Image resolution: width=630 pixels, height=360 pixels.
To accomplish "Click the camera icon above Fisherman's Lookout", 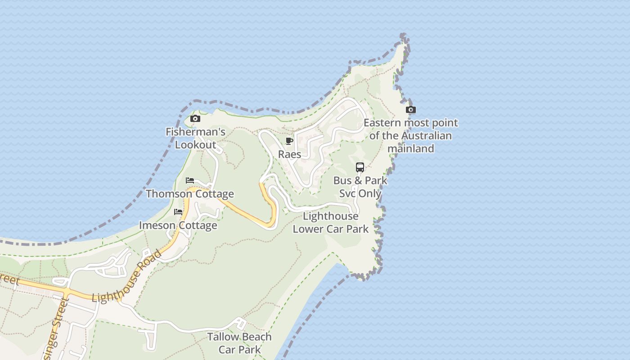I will tap(195, 119).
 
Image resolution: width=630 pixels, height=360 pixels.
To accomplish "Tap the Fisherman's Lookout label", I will tap(195, 138).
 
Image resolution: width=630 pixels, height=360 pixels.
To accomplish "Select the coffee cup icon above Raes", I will tap(289, 141).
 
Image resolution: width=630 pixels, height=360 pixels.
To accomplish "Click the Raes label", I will tap(289, 154).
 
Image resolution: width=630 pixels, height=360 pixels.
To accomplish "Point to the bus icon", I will tap(360, 167).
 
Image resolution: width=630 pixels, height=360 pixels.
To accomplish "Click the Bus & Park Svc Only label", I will tap(360, 187).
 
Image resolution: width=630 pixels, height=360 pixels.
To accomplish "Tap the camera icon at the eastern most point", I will tap(410, 110).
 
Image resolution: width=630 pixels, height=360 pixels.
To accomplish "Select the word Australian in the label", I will tap(426, 135).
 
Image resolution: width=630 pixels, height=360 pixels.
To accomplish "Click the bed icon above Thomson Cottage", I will tap(190, 180).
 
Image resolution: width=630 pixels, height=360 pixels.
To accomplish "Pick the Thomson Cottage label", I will tap(190, 194).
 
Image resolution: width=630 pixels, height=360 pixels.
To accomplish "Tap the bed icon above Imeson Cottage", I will tap(178, 211).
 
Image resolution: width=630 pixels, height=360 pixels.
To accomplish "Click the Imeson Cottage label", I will tap(178, 225).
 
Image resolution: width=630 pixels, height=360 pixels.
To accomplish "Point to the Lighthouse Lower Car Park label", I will tap(331, 222).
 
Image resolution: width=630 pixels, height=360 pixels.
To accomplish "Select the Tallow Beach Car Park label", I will tap(239, 343).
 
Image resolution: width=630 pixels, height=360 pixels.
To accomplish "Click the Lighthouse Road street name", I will tap(127, 276).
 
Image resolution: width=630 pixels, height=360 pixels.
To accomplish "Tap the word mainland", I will tap(410, 148).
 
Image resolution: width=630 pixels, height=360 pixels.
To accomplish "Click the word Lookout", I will tap(195, 145).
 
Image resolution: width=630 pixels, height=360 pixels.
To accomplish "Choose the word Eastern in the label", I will tap(382, 123).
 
